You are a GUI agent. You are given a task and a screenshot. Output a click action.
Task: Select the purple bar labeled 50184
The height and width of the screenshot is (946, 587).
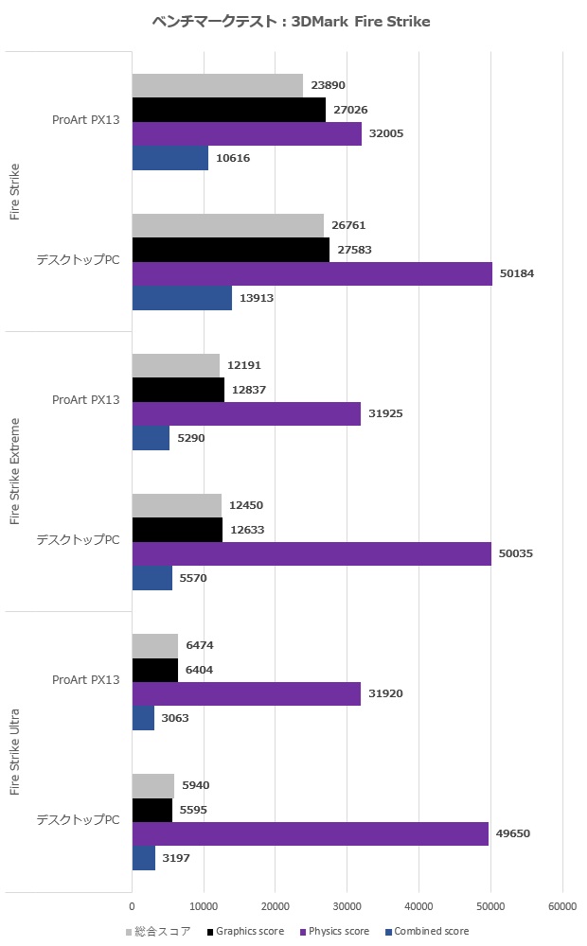(x=311, y=273)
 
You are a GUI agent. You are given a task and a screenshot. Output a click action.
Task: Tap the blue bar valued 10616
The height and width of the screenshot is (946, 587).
(x=170, y=158)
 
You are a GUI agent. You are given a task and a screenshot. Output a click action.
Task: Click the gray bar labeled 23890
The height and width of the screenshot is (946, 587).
(x=218, y=85)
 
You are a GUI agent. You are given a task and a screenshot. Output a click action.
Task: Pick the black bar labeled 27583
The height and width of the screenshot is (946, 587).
(x=231, y=250)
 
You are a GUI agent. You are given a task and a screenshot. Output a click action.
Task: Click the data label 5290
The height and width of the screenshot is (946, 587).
(x=191, y=438)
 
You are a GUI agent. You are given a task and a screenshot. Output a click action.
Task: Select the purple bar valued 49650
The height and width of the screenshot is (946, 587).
(x=310, y=833)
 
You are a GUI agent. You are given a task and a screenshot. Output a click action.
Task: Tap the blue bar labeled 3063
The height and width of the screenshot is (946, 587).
(x=143, y=718)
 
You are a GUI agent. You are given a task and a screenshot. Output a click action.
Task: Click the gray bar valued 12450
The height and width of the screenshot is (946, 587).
(x=177, y=505)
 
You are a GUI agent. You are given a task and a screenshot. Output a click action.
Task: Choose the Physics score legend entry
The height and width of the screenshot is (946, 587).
(x=336, y=932)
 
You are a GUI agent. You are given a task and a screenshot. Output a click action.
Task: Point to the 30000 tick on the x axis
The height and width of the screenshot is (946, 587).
(x=347, y=906)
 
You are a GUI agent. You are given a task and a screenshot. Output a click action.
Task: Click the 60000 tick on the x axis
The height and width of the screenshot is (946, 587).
(x=562, y=906)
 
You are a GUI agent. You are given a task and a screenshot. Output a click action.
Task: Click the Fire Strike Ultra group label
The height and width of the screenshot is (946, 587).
(x=15, y=751)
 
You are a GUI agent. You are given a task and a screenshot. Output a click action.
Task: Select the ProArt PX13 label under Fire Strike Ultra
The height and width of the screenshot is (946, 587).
(x=85, y=680)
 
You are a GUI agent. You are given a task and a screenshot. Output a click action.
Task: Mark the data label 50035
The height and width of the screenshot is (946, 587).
(x=517, y=553)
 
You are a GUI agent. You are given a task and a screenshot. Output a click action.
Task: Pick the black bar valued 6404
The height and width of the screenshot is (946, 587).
(x=155, y=670)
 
